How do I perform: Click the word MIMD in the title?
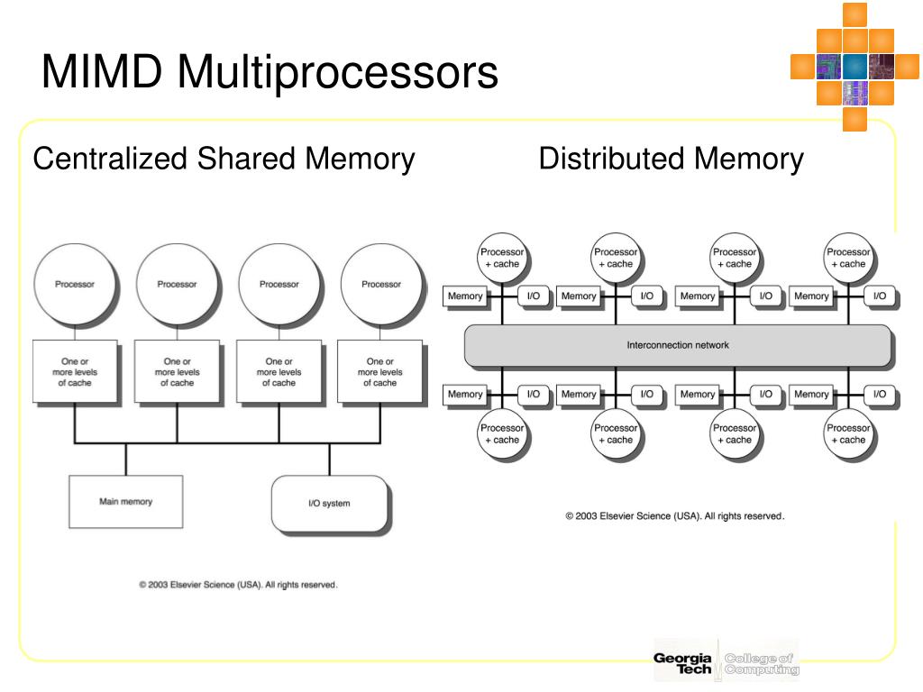[102, 71]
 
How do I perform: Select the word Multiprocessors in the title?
[338, 74]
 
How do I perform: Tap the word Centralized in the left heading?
[109, 159]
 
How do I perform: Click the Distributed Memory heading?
[671, 159]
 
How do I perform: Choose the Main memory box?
[126, 502]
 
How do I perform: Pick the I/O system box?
[330, 504]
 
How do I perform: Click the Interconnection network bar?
[678, 345]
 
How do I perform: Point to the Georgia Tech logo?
[683, 663]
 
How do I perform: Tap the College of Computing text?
[762, 664]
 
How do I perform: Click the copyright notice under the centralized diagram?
[238, 585]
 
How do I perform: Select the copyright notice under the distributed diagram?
[674, 516]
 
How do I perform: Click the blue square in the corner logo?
[854, 67]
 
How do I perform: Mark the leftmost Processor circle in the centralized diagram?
[75, 284]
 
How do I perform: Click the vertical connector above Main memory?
[126, 459]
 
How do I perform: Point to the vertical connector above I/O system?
[330, 459]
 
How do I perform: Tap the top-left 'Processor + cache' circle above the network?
[502, 258]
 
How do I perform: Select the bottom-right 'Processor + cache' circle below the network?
[848, 433]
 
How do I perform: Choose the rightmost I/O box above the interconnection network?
[880, 296]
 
